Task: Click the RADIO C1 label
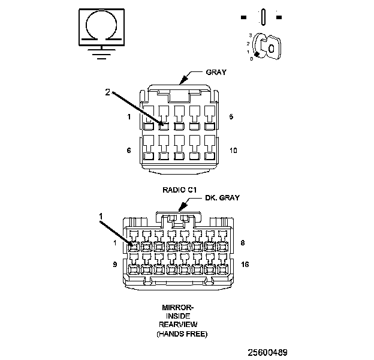pos(180,190)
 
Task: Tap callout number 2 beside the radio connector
pos(108,93)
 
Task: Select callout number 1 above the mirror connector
pos(101,215)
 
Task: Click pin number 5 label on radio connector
pos(231,116)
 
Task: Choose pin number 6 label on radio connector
pos(128,151)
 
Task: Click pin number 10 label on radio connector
pos(233,151)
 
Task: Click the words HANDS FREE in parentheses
pos(182,334)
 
